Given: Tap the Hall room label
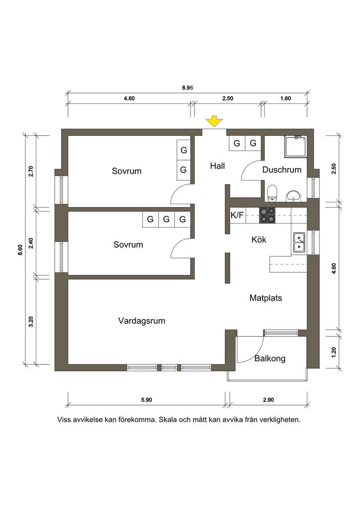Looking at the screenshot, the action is (x=217, y=166).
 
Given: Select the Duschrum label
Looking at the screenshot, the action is (x=282, y=170).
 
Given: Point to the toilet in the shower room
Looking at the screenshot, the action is (x=271, y=193).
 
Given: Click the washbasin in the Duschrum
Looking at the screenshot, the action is (x=294, y=196).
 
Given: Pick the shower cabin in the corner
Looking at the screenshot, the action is (x=295, y=147).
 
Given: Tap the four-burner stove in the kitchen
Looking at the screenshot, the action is (x=267, y=216).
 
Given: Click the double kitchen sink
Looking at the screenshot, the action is (x=299, y=243).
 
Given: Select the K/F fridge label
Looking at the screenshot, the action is (x=237, y=215).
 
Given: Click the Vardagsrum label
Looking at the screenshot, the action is (x=142, y=321).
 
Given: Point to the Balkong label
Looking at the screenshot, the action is (x=270, y=359).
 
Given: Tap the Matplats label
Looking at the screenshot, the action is (x=266, y=298).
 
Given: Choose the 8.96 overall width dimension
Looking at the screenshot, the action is (x=187, y=87).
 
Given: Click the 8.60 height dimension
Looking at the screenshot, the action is (x=20, y=251).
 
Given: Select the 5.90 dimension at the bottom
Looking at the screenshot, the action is (x=146, y=400).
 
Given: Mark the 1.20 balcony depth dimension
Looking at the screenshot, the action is (x=334, y=352).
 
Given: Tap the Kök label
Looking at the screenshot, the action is (x=259, y=240).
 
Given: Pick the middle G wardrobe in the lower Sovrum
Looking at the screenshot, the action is (x=166, y=219).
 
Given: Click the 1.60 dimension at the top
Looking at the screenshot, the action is (x=285, y=99).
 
